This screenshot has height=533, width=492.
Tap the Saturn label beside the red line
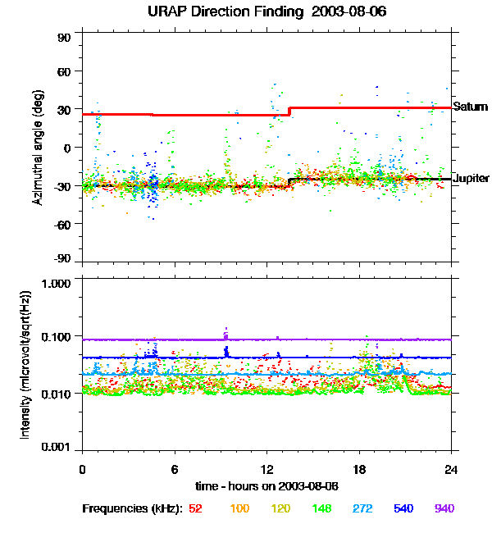[470, 107]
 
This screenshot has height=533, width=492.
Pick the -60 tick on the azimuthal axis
[63, 222]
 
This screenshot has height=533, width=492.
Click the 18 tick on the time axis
[359, 470]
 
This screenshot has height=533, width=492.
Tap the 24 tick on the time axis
[451, 470]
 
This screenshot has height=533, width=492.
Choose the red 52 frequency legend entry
[195, 509]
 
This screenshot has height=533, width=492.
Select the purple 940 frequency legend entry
[444, 509]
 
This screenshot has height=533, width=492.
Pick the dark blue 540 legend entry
[403, 509]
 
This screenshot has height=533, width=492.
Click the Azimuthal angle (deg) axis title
[38, 148]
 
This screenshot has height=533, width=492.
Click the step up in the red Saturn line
[289, 112]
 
